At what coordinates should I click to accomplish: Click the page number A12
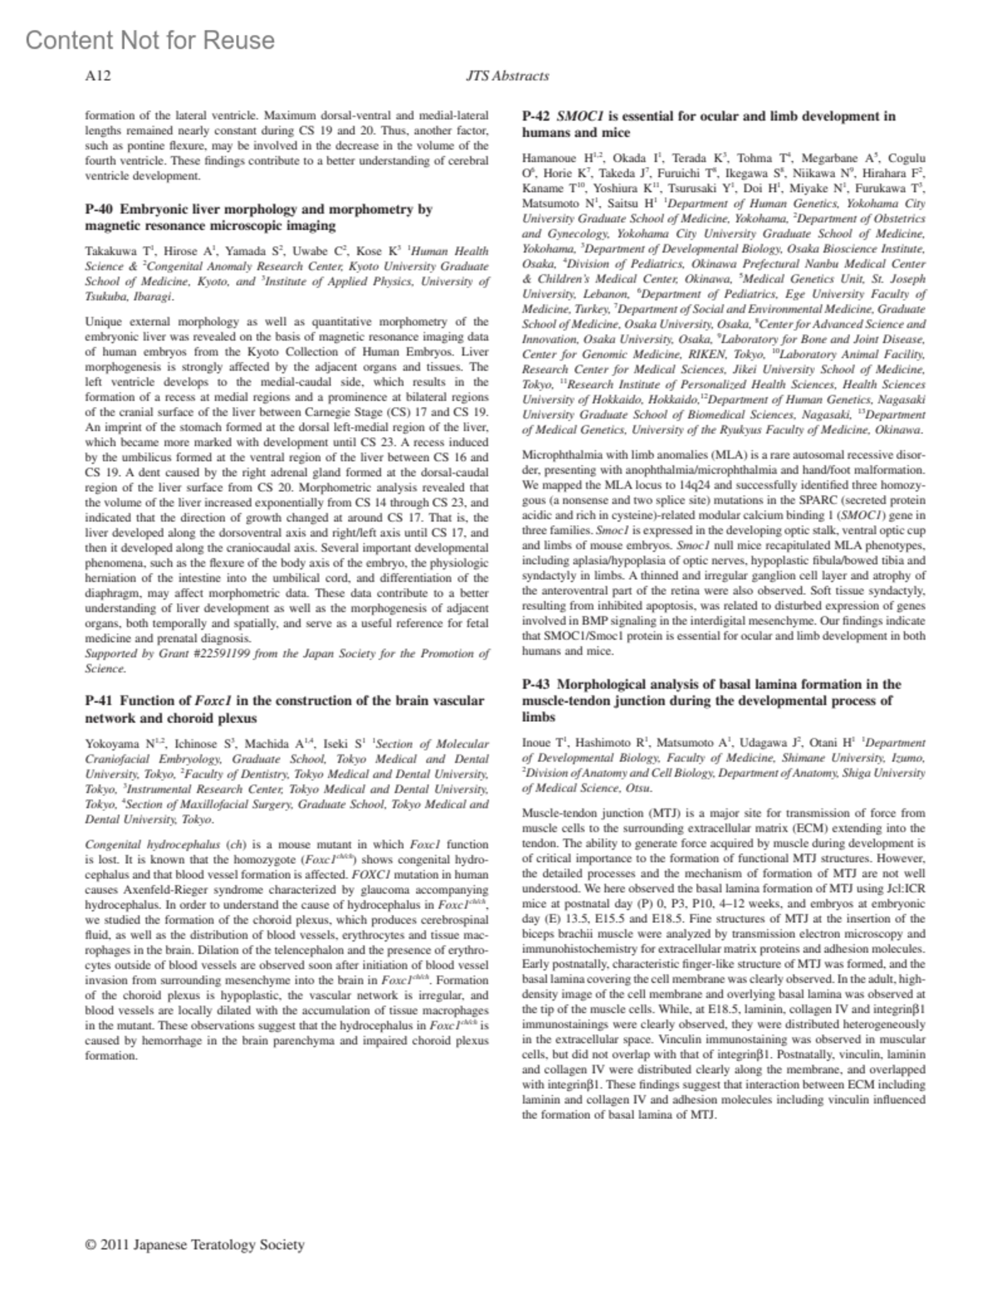[x=98, y=76]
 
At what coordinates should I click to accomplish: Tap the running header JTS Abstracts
[x=508, y=76]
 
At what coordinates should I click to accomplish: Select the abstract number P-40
[x=101, y=210]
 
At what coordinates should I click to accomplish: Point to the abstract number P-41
[x=101, y=701]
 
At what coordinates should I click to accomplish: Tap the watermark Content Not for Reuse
[x=150, y=40]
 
